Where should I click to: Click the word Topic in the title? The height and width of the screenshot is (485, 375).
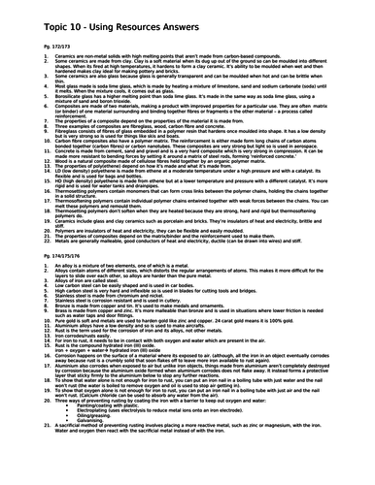(x=30, y=13)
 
